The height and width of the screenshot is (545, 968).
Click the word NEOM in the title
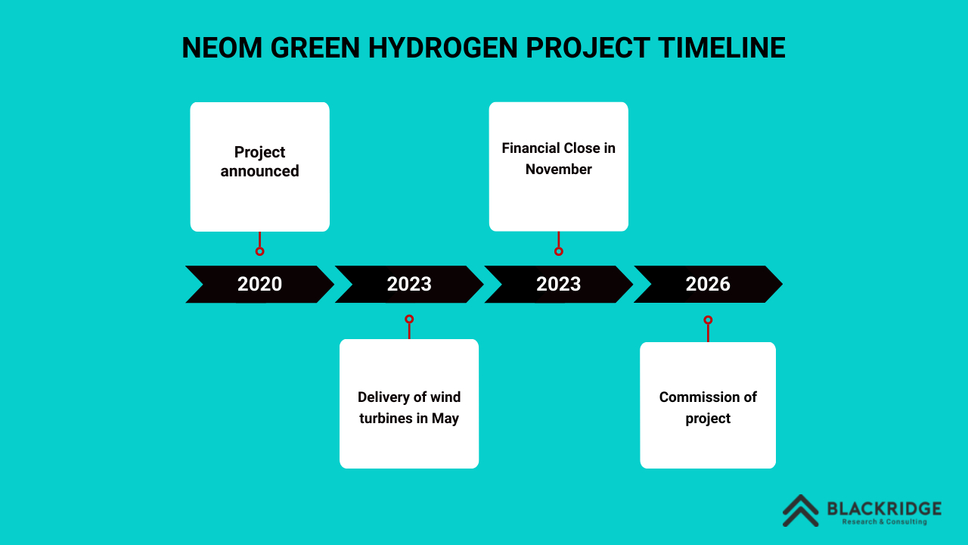point(222,48)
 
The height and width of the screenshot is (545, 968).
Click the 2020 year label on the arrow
point(259,284)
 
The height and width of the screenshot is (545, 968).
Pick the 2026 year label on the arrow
point(708,284)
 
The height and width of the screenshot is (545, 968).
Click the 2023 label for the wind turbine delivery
point(409,284)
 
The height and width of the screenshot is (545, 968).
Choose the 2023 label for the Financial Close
point(559,284)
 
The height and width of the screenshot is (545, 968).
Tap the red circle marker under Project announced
point(259,251)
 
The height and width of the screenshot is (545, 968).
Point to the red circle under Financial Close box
point(559,251)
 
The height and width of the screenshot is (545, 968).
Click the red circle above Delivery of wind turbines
point(409,319)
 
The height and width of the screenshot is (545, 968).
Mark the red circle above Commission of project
point(708,320)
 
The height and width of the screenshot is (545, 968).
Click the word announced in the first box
point(259,171)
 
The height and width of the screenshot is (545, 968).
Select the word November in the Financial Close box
point(559,169)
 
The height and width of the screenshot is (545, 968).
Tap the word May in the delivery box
point(445,419)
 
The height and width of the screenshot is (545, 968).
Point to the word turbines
point(386,419)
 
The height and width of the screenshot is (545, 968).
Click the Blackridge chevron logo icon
point(801,511)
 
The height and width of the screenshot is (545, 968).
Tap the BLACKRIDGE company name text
point(884,509)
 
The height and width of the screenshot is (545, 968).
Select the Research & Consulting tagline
point(885,522)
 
